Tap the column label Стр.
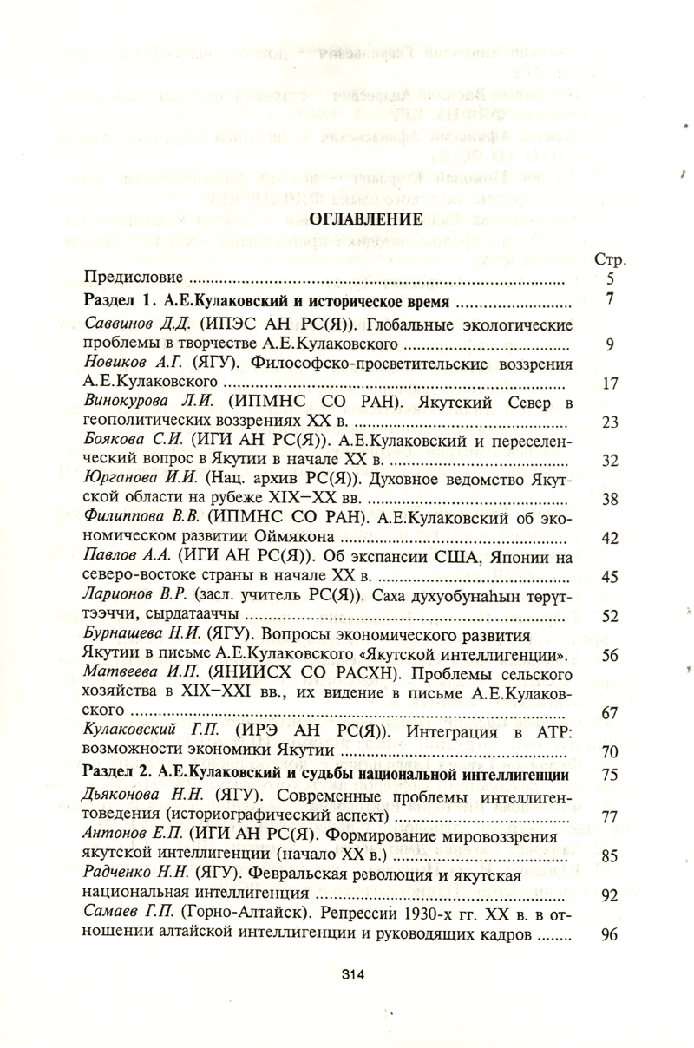click(x=612, y=260)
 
